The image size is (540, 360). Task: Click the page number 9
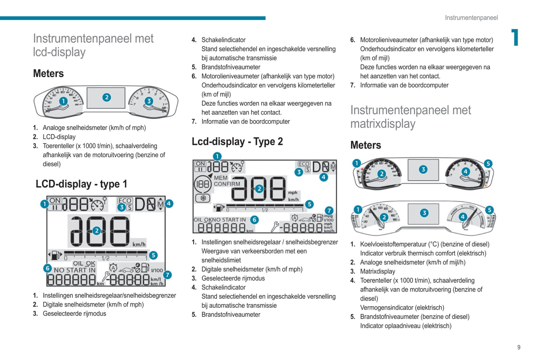[x=519, y=347]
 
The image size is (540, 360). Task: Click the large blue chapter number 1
[x=515, y=37]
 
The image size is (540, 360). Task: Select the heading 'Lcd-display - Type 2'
[x=237, y=142]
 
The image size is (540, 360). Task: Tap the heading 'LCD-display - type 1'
[x=81, y=184]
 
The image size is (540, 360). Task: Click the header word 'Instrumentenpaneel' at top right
[x=471, y=18]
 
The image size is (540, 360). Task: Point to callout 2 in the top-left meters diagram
[x=107, y=97]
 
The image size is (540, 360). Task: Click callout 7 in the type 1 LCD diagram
[x=167, y=275]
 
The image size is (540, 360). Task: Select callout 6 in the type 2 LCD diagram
[x=254, y=220]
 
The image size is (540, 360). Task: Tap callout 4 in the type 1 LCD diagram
[x=169, y=204]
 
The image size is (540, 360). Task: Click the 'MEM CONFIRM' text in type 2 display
[x=226, y=181]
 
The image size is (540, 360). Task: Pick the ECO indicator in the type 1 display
[x=124, y=201]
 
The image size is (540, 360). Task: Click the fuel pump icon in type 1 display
[x=55, y=255]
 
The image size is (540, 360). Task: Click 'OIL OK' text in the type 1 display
[x=84, y=263]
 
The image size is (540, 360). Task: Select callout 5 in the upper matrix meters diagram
[x=488, y=164]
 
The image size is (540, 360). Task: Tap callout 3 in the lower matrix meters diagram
[x=424, y=213]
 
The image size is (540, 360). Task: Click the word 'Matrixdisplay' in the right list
[x=377, y=271]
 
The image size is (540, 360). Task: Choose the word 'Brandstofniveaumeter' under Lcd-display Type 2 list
[x=231, y=314]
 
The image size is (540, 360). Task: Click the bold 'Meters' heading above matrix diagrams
[x=365, y=145]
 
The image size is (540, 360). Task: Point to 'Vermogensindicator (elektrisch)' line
[x=402, y=308]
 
